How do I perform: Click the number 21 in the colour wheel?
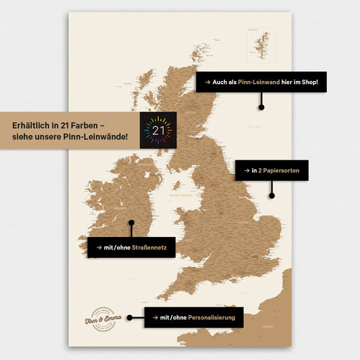click(x=158, y=130)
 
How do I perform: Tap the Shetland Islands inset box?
click(x=261, y=44)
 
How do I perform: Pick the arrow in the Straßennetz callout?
click(x=97, y=247)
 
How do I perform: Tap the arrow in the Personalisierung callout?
click(x=153, y=318)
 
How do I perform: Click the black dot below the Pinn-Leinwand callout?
click(x=261, y=106)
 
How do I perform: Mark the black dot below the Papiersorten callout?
click(x=271, y=196)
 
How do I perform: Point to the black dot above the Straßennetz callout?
click(x=130, y=223)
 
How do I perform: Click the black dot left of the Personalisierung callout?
click(x=129, y=317)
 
